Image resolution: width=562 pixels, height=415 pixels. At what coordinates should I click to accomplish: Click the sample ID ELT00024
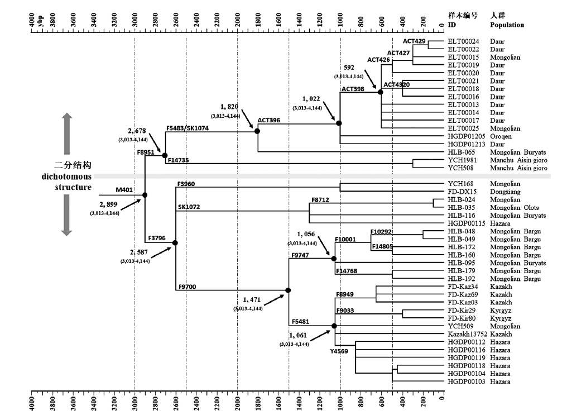click(x=463, y=41)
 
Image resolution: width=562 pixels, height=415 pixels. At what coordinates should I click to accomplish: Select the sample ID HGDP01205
click(x=465, y=136)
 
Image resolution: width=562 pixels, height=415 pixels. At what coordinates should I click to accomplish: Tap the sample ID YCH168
click(x=460, y=184)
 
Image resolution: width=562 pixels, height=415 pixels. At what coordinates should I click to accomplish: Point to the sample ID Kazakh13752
click(x=466, y=333)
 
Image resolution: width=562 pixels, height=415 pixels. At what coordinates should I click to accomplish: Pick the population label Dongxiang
click(x=506, y=192)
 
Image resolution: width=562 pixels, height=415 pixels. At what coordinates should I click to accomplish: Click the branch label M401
click(x=124, y=190)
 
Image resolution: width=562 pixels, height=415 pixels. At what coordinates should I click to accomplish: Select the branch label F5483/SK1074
click(x=188, y=128)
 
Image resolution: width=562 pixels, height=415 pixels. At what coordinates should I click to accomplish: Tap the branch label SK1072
click(x=189, y=207)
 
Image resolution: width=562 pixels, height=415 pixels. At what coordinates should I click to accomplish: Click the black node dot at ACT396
click(x=257, y=131)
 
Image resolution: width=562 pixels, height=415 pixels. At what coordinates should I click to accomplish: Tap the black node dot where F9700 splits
click(x=288, y=290)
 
